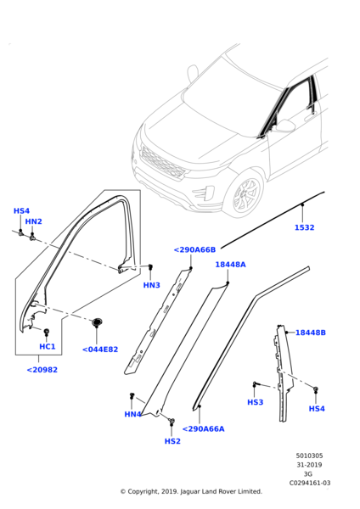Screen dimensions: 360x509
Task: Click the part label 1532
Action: [305, 227]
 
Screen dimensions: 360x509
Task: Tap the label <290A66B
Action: [194, 249]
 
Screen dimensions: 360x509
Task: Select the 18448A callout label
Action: [230, 265]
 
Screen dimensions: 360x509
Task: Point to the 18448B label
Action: [310, 333]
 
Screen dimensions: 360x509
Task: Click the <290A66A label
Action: [204, 428]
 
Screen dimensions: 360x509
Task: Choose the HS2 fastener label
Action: [172, 441]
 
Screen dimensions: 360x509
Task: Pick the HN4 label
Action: [132, 414]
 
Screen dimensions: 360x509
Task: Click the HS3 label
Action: [255, 402]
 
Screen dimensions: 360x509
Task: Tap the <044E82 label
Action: [100, 350]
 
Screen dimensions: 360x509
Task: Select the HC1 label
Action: [47, 346]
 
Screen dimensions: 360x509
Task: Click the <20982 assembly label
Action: [42, 370]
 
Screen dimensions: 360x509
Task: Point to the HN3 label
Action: [151, 285]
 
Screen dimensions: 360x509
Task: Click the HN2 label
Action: [33, 221]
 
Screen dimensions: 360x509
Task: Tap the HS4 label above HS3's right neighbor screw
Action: [317, 408]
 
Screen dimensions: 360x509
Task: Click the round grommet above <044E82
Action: [97, 322]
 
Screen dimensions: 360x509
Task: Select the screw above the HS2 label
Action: [172, 422]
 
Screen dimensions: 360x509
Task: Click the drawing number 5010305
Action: [309, 456]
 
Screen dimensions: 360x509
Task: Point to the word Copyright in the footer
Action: [143, 491]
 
